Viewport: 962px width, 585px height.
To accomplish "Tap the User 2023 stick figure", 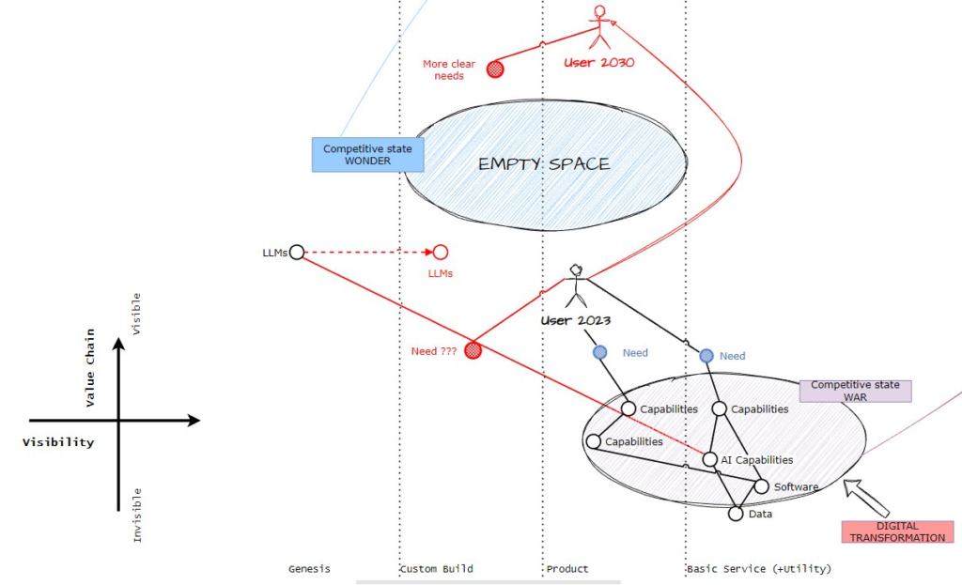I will click(576, 285).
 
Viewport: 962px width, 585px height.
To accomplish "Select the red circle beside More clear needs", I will click(494, 69).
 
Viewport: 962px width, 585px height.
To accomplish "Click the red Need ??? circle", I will click(473, 350).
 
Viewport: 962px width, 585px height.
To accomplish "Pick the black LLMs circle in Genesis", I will click(297, 252).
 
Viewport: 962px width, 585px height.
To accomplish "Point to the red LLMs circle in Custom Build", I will click(440, 252).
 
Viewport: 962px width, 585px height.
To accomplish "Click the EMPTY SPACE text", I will click(544, 163).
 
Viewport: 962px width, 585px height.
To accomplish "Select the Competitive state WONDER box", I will click(367, 155).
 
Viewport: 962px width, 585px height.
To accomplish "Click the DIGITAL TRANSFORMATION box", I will click(897, 531).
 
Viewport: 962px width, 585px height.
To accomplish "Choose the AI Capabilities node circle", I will click(711, 460).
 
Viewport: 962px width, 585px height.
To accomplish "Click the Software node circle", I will click(762, 486).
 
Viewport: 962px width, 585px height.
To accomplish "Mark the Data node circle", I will click(736, 514).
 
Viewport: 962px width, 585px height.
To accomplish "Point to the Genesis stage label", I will click(309, 569).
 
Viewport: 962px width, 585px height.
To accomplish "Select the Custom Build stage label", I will click(436, 569).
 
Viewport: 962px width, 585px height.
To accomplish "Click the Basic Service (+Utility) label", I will click(758, 569).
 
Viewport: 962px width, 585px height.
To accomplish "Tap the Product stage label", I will click(567, 569).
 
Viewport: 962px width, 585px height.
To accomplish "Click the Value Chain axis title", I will click(91, 367).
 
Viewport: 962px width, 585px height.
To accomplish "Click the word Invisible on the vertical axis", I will click(137, 515).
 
